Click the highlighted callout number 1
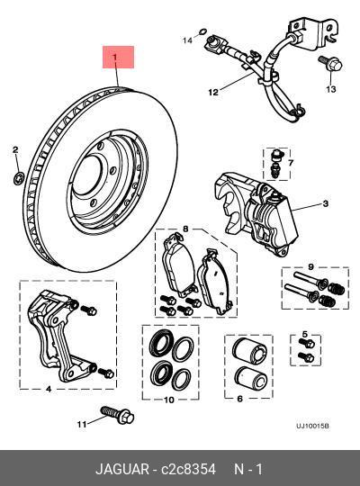coord(116,58)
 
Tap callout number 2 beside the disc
coord(15,148)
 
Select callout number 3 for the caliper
coord(326,204)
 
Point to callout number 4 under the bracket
coord(48,390)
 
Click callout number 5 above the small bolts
coord(305,336)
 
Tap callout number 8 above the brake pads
coord(185,229)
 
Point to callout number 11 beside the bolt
coord(79,423)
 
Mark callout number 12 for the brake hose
coord(213,92)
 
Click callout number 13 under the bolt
coord(330,90)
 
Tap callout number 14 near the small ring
coord(188,40)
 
